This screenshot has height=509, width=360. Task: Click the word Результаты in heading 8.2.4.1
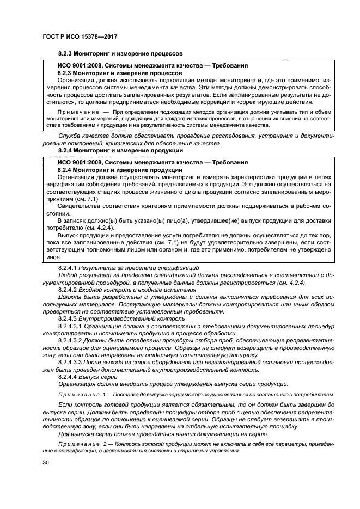[x=99, y=268]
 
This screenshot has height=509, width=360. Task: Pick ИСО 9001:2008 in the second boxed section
[x=80, y=163]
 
